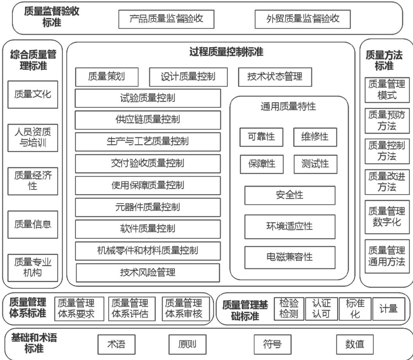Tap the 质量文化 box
tap(32, 94)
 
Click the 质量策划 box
tap(106, 77)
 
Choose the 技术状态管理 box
tap(275, 77)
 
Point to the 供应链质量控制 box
tap(148, 120)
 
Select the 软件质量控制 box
tap(148, 229)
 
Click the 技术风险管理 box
tap(148, 272)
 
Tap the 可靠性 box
tap(262, 137)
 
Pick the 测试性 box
tap(315, 164)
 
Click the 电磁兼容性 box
tap(290, 257)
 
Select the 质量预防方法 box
tap(387, 120)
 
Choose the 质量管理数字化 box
tap(387, 217)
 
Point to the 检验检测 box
tap(289, 308)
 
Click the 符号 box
tap(273, 344)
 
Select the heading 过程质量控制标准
tap(226, 52)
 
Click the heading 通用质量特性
tap(288, 106)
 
